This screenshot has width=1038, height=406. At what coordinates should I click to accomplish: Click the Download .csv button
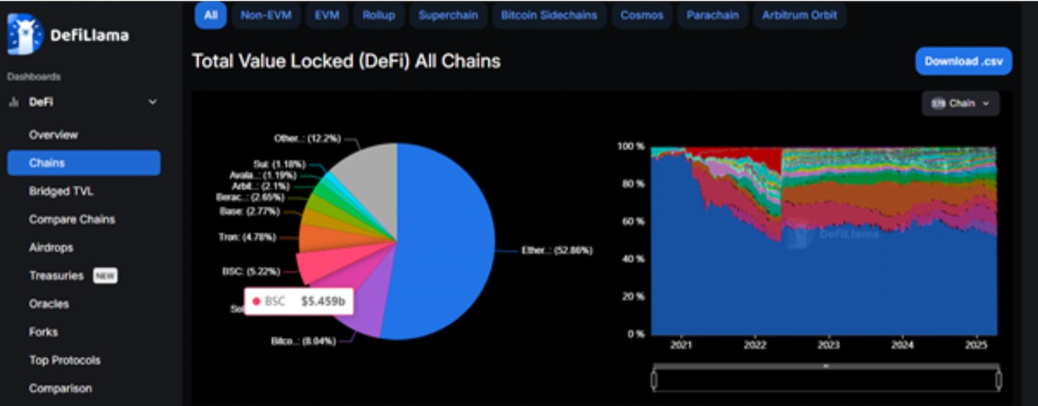pyautogui.click(x=963, y=61)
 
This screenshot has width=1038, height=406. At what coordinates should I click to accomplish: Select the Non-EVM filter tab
pyautogui.click(x=266, y=15)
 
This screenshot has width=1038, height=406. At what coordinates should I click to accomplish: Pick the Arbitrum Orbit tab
pyautogui.click(x=799, y=15)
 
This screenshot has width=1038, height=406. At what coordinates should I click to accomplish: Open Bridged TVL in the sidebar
pyautogui.click(x=61, y=191)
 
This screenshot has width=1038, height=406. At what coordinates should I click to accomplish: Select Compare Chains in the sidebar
pyautogui.click(x=72, y=219)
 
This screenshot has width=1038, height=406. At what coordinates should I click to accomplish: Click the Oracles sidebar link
pyautogui.click(x=49, y=304)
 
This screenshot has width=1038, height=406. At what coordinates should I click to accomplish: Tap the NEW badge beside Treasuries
pyautogui.click(x=105, y=275)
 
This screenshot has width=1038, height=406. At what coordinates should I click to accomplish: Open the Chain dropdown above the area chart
pyautogui.click(x=960, y=103)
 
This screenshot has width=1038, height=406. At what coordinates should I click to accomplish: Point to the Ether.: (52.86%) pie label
pyautogui.click(x=556, y=251)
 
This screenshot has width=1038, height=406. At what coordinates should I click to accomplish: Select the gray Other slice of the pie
pyautogui.click(x=364, y=180)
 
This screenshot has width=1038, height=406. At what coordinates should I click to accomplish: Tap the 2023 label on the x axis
pyautogui.click(x=829, y=345)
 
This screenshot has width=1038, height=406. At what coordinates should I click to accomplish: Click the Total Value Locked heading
pyautogui.click(x=346, y=61)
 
